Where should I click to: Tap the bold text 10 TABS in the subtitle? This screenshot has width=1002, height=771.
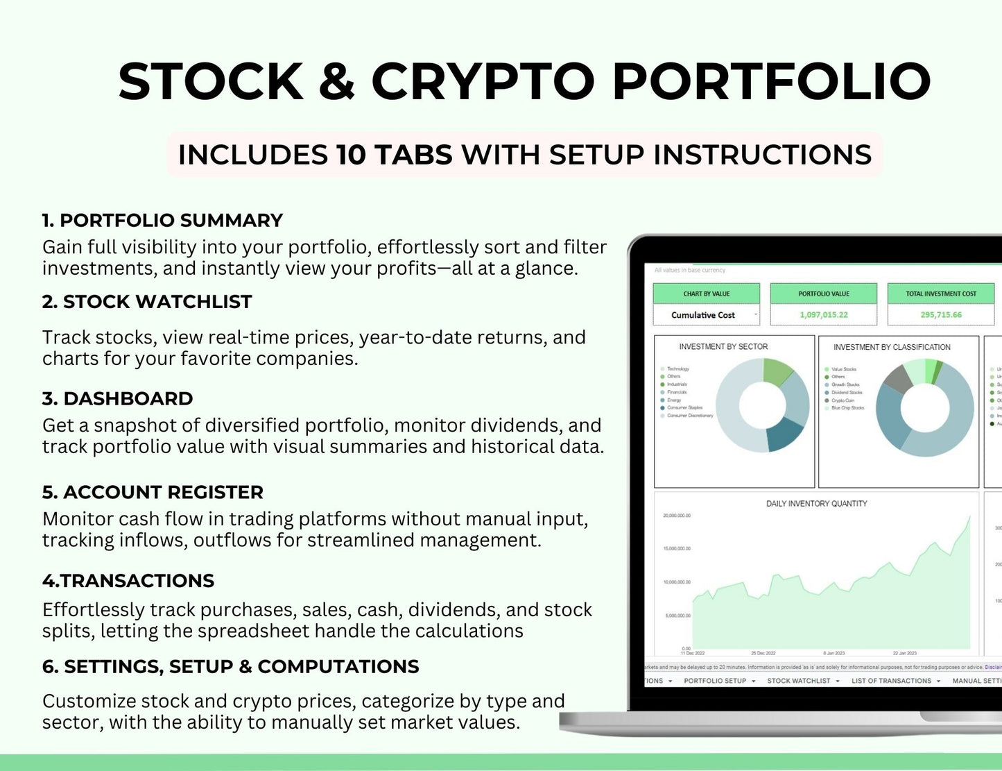[394, 154]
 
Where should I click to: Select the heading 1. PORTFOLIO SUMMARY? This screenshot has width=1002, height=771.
[162, 220]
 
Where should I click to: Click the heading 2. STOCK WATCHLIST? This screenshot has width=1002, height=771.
[147, 302]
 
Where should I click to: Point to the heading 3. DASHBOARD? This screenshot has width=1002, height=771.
[117, 398]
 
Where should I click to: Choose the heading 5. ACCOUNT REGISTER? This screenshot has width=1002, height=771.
[153, 492]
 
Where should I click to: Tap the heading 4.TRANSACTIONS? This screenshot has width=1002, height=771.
[128, 580]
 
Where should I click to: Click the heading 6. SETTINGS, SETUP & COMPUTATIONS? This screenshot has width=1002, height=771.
[230, 666]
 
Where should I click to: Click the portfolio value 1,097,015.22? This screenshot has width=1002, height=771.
[823, 314]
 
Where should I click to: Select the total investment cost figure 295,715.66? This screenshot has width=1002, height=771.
[940, 314]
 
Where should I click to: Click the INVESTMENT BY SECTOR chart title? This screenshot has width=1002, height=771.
[723, 346]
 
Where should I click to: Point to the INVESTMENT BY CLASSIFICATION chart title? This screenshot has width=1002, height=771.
[892, 347]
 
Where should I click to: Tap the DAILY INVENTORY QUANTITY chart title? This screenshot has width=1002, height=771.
[816, 503]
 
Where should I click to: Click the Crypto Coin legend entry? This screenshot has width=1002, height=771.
[843, 400]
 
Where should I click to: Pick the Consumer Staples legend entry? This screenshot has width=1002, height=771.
[684, 408]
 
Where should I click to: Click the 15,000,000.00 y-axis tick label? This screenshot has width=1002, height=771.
[677, 548]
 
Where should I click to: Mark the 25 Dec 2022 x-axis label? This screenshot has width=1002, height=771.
[763, 653]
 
